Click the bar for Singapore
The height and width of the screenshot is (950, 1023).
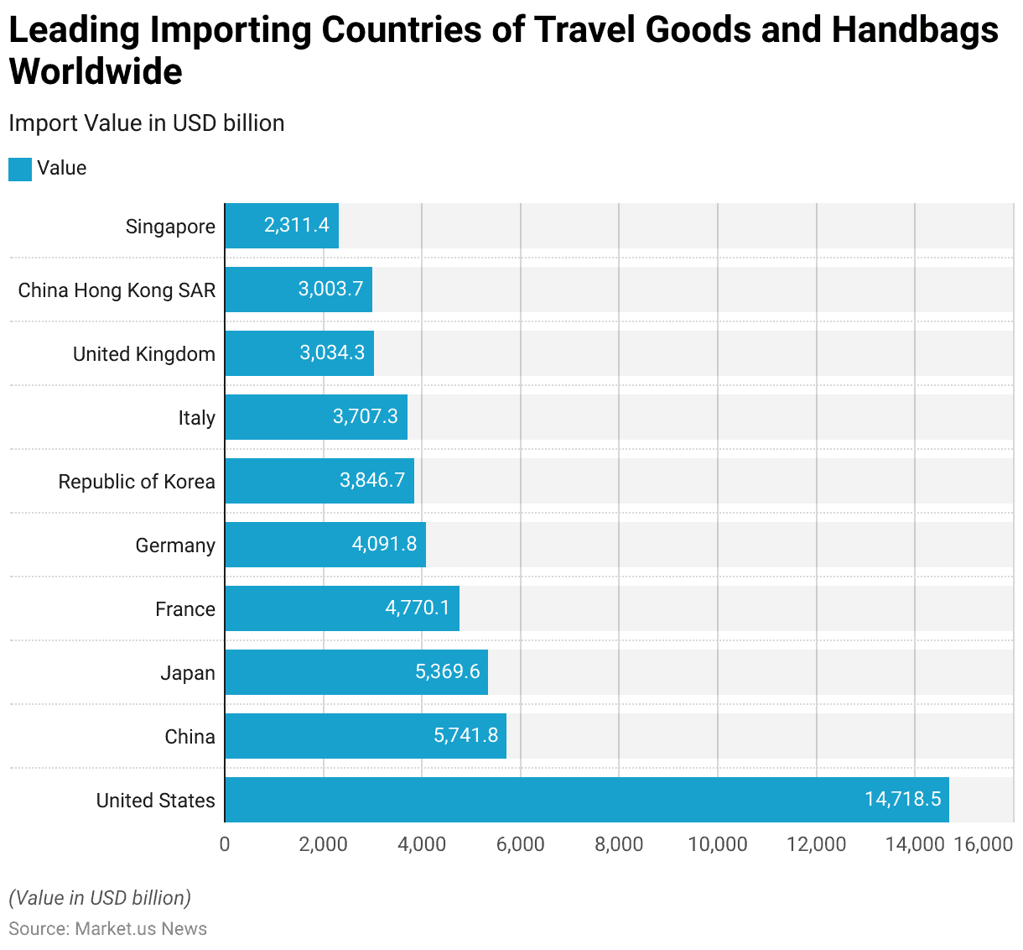coord(282,226)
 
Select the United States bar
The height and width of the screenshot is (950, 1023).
coord(587,800)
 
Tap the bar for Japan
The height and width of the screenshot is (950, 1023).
coord(356,672)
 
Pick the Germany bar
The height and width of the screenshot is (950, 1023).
coord(325,545)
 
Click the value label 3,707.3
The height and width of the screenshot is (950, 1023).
coord(366,416)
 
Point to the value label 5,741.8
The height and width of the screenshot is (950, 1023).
coord(465,735)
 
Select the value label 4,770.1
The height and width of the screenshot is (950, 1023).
coord(418,608)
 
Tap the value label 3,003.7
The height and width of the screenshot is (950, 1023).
coord(330,289)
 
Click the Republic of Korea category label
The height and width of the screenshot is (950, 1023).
coord(137,482)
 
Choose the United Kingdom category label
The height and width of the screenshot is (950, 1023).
coord(144,354)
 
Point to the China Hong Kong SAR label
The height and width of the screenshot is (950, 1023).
coord(117,290)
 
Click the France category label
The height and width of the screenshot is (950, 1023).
coord(185,609)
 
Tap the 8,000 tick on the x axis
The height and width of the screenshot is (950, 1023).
coord(619,844)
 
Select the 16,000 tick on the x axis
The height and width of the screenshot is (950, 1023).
coord(983,844)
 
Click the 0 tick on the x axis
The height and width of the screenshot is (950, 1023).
coord(225,844)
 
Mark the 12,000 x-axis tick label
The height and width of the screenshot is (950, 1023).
coord(816,844)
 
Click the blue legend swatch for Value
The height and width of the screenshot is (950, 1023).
coord(20,169)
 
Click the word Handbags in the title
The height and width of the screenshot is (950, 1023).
coord(915,30)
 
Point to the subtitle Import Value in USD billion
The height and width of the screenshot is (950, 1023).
coord(147,123)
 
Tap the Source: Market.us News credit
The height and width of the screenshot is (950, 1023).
coord(108,929)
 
